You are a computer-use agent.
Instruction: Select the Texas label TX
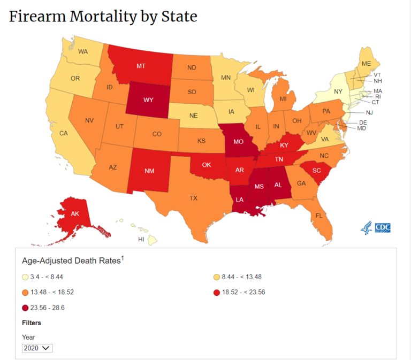coord(193,198)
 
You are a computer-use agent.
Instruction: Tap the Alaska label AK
coord(75,214)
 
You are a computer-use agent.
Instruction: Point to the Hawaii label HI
coord(141,239)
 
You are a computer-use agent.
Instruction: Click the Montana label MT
coord(141,66)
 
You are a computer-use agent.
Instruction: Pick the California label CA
coord(64,133)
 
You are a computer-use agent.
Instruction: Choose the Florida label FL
coord(319,216)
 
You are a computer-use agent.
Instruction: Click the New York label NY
coord(338,91)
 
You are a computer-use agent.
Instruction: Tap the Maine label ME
coord(366,63)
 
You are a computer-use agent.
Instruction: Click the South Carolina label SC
coord(316,170)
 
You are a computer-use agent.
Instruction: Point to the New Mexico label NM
coord(149,172)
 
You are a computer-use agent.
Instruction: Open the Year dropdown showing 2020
coord(37,348)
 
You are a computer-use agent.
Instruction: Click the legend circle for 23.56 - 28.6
coord(25,308)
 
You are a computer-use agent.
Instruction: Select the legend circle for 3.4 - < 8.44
coord(25,277)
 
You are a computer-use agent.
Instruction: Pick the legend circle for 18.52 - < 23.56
coord(217,292)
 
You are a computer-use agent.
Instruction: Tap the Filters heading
coord(32,323)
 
